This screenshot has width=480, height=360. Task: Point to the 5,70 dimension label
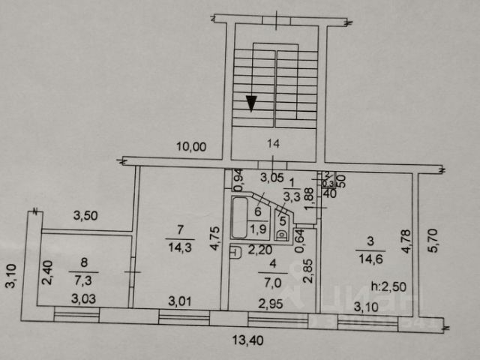[x=429, y=238]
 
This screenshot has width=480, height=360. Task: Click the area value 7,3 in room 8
[x=82, y=277]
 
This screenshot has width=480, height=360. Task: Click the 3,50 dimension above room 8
[x=86, y=217]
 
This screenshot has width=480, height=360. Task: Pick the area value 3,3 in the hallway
[x=292, y=197]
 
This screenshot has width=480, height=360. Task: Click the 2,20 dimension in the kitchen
[x=259, y=249]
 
